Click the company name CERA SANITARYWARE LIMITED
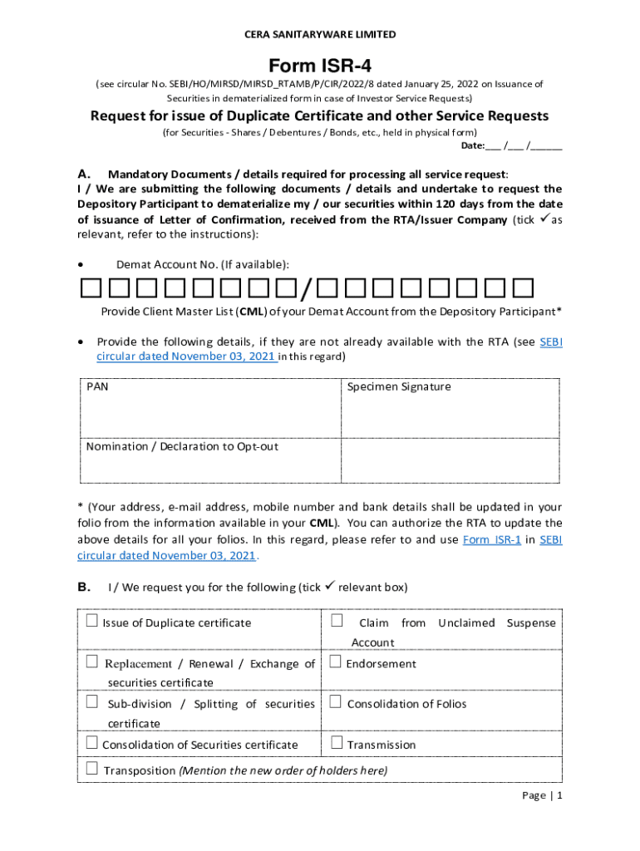(319, 34)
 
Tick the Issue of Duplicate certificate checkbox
(91, 622)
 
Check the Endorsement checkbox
(336, 662)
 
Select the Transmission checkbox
(336, 744)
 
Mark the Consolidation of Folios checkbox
(336, 702)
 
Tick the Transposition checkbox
(91, 770)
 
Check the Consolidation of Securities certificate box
(91, 744)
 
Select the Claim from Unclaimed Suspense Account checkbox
(336, 622)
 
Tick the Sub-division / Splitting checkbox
(91, 702)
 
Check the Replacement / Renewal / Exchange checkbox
(91, 662)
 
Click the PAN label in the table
(97, 386)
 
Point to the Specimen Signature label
(398, 386)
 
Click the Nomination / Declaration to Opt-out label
(182, 446)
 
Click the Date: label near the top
(473, 145)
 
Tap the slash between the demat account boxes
(307, 289)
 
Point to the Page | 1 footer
(542, 795)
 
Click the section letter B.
(84, 587)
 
